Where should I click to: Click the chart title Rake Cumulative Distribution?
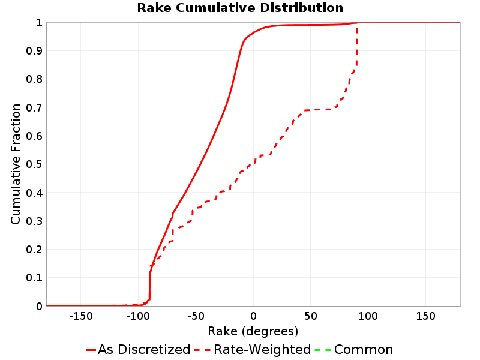[x=240, y=8]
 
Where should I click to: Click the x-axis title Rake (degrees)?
[x=253, y=331]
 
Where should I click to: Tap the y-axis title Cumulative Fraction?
[x=16, y=164]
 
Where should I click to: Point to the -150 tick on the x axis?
[x=81, y=316]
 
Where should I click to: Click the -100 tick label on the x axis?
[x=138, y=316]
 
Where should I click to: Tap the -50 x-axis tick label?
[x=196, y=316]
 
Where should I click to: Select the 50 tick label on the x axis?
[x=310, y=316]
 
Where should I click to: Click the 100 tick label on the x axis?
[x=368, y=316]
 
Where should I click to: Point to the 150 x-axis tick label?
[x=425, y=316]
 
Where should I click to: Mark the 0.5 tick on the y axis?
[x=34, y=164]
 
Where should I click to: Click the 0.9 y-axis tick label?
[x=34, y=51]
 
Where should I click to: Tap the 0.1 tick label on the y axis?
[x=34, y=278]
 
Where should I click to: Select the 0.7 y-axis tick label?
[x=34, y=107]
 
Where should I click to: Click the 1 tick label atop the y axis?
[x=39, y=23]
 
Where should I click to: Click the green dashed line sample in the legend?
[x=323, y=350]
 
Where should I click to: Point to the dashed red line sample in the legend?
[x=202, y=350]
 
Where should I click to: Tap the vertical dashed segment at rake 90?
[x=356, y=46]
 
